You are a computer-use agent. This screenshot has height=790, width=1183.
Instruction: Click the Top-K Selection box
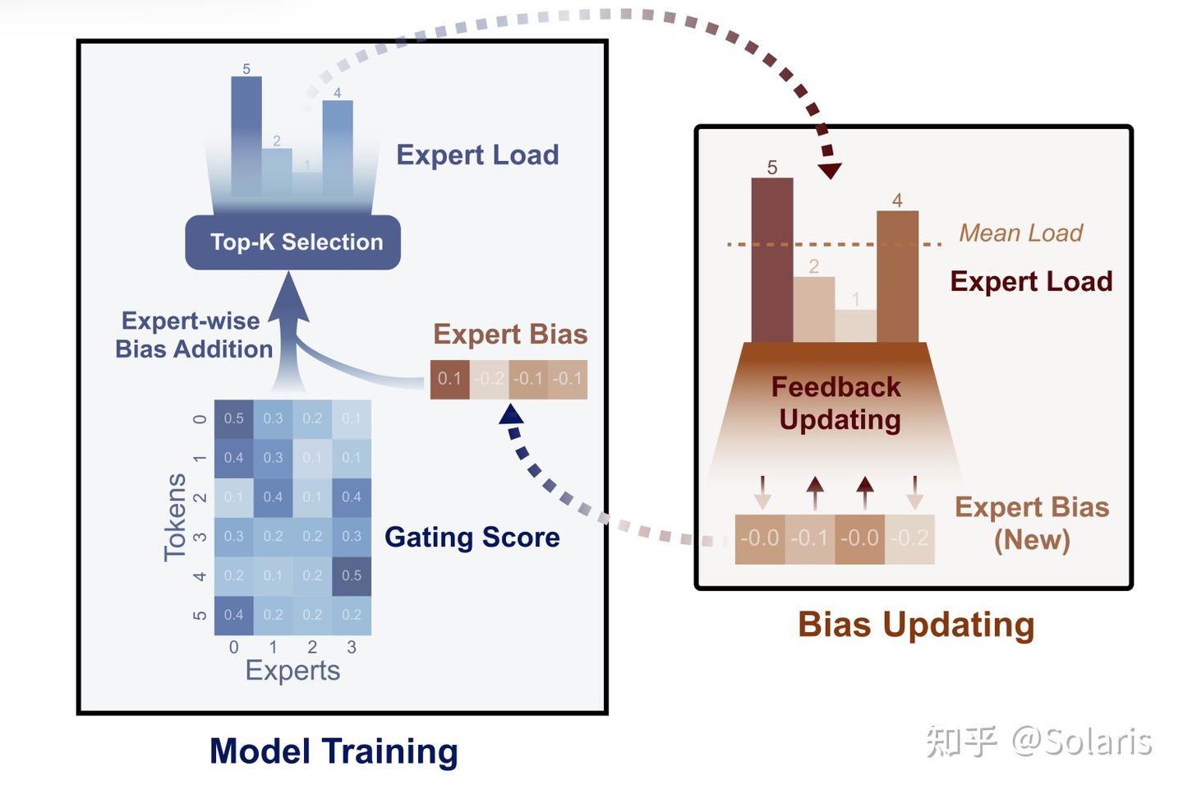click(293, 242)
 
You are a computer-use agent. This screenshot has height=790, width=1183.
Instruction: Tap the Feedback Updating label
click(837, 403)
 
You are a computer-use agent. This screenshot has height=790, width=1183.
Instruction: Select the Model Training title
click(334, 751)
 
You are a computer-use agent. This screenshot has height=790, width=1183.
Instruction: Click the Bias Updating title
click(915, 624)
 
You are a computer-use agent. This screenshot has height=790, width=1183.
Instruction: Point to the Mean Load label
click(1020, 233)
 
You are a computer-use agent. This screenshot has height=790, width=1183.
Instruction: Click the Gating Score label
click(472, 537)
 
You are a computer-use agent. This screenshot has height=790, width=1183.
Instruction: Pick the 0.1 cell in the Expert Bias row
click(449, 379)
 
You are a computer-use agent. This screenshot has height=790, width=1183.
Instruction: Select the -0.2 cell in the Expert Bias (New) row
click(909, 538)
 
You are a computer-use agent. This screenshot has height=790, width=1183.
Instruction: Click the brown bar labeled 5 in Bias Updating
click(771, 263)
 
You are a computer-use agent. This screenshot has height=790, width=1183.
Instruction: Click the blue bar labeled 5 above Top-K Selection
click(246, 136)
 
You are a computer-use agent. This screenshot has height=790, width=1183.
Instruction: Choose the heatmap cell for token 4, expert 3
click(352, 575)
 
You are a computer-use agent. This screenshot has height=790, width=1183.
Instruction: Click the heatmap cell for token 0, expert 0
click(233, 418)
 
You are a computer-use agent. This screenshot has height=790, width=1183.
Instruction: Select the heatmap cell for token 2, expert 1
click(273, 497)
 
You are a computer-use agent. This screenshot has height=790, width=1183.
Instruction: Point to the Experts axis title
click(292, 670)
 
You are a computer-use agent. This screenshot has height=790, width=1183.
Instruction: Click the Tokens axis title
click(174, 517)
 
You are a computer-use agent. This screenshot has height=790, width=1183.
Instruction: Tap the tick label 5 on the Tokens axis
click(199, 615)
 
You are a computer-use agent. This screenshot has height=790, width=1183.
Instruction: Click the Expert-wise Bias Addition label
click(193, 335)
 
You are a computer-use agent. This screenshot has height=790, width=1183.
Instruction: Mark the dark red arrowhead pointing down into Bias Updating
click(830, 170)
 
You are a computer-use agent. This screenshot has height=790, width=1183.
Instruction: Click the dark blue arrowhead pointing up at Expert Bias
click(511, 413)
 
